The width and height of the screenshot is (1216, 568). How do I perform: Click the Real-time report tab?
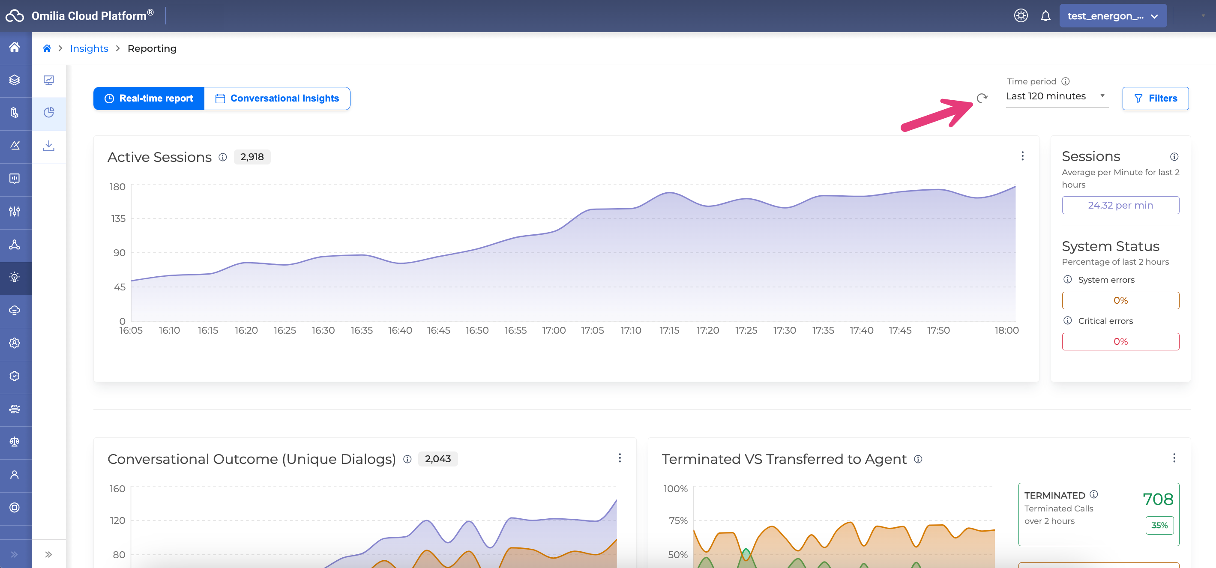tap(149, 98)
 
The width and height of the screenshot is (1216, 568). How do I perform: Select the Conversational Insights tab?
tap(277, 98)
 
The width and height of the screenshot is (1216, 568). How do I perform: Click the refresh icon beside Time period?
tap(982, 98)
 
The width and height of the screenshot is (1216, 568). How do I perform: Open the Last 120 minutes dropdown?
tap(1056, 96)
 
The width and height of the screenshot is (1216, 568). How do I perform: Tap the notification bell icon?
tap(1045, 16)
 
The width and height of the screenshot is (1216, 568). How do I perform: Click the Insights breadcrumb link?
tap(89, 48)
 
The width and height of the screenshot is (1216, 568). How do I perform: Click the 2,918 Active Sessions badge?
tap(252, 157)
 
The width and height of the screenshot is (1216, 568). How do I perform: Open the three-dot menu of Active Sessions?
tap(1022, 156)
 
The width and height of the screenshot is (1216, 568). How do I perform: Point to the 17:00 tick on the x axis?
tap(554, 330)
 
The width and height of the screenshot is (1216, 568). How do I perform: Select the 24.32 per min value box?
tap(1120, 205)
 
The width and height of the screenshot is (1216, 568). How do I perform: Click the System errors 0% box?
tap(1120, 301)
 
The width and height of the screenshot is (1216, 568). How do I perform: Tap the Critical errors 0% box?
tap(1120, 341)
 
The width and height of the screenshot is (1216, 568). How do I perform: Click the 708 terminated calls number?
tap(1157, 499)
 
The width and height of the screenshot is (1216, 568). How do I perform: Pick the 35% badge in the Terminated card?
tap(1159, 525)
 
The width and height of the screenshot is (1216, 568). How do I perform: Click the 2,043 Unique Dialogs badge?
tap(437, 458)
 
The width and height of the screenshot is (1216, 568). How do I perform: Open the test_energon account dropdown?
tap(1113, 16)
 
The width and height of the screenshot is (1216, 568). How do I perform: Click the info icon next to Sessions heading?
tap(1174, 157)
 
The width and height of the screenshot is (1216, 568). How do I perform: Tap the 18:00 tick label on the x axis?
tap(1006, 330)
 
